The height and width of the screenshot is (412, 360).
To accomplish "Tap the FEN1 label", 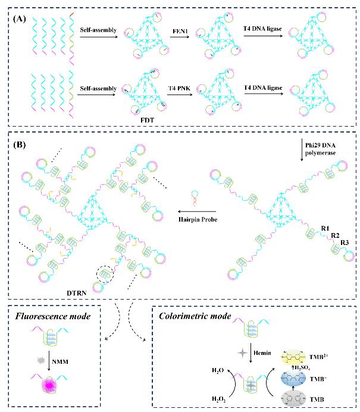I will click(179, 28).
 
